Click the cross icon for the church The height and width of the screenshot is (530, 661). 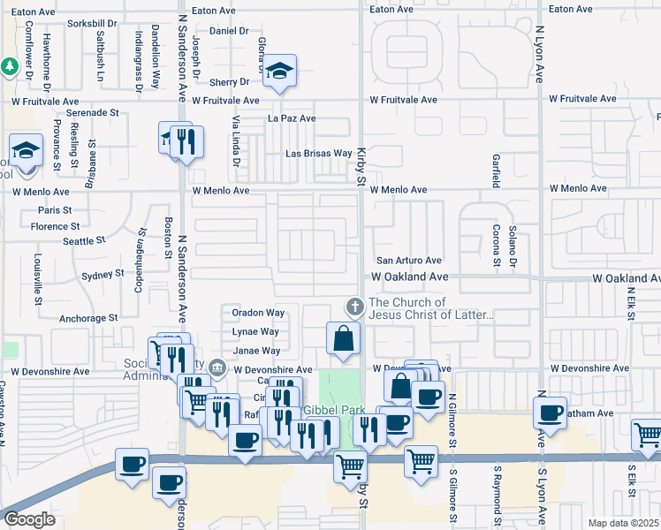(354, 307)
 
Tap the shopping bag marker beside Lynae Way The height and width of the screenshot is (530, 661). (343, 338)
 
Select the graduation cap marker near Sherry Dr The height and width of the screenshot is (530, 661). (280, 72)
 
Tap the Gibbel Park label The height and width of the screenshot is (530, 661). (333, 411)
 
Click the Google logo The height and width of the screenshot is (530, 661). (28, 519)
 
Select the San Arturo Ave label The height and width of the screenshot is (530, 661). (409, 261)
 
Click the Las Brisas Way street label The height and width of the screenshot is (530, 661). (318, 154)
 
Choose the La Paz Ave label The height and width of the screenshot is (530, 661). (292, 118)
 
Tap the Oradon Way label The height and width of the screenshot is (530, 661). (258, 313)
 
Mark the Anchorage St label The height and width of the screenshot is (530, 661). (88, 318)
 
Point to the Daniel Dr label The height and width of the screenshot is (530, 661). (229, 30)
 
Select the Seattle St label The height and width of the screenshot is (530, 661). (83, 240)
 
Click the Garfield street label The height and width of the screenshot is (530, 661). (496, 171)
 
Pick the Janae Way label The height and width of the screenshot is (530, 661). (255, 351)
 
